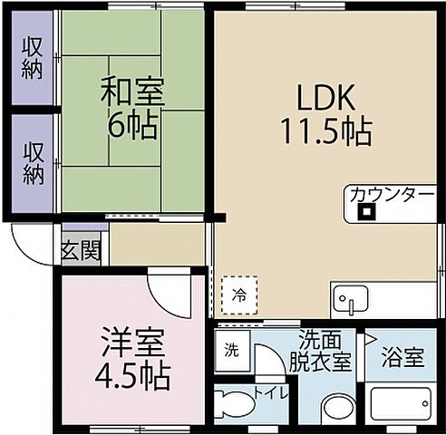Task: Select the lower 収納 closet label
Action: point(34,162)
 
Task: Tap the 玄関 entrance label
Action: point(81,251)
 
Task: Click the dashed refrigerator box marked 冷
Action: point(240,293)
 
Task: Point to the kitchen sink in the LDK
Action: point(350,298)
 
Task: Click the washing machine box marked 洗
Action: point(232,350)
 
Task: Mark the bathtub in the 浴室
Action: point(403,402)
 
